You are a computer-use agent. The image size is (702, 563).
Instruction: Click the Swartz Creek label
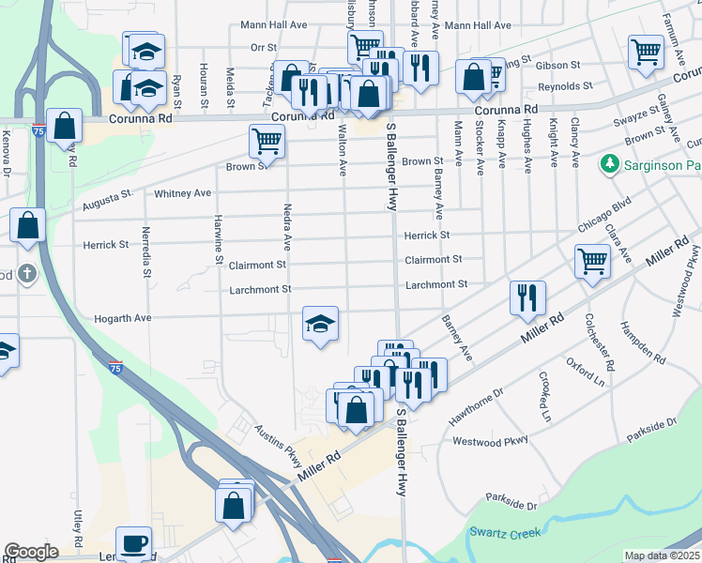click(504, 533)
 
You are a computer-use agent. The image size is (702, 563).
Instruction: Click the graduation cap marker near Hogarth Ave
click(320, 325)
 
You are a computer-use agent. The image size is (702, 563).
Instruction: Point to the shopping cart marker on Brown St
click(267, 142)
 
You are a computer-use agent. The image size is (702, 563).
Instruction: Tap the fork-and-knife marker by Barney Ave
click(527, 297)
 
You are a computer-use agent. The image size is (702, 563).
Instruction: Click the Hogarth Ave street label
click(123, 319)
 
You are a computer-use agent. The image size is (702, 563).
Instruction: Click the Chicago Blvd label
click(604, 214)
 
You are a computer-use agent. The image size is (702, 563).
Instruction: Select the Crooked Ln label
click(544, 395)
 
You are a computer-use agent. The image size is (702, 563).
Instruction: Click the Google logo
click(31, 552)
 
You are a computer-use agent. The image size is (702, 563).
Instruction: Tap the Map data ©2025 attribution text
click(662, 555)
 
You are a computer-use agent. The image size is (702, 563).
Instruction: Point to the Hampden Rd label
click(642, 344)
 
